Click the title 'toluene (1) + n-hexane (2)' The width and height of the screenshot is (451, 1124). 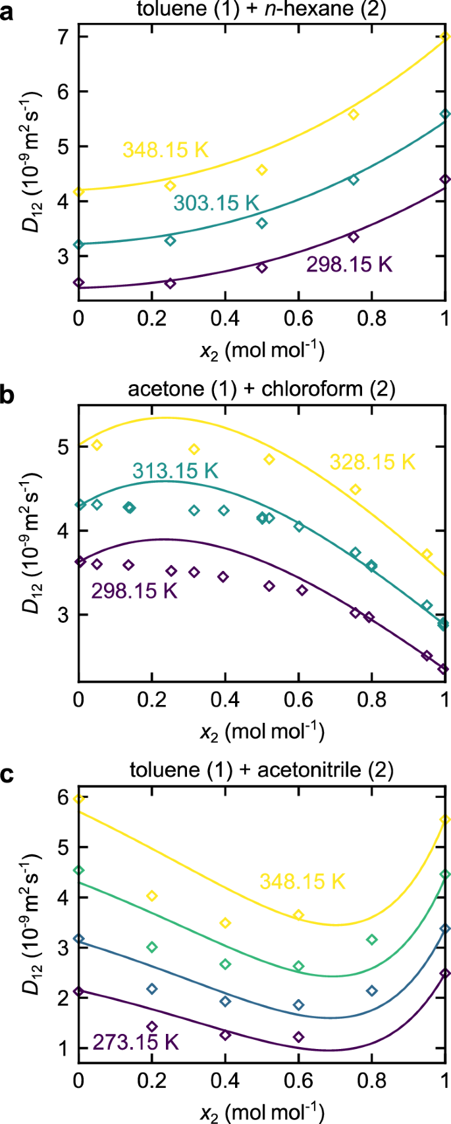[x=261, y=9]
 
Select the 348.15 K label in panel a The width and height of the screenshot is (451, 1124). [x=165, y=150]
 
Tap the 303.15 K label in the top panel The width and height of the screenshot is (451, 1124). [x=216, y=203]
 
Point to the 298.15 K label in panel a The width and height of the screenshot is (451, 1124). [x=349, y=264]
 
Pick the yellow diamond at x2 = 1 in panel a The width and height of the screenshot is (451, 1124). [x=445, y=37]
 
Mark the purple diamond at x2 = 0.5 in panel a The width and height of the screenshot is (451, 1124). [x=261, y=268]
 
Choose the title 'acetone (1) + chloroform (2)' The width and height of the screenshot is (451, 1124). [x=261, y=389]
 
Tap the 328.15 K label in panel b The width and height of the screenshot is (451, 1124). [x=373, y=462]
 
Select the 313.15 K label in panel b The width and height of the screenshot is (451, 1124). [x=175, y=471]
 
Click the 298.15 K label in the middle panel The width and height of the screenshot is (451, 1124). [x=134, y=591]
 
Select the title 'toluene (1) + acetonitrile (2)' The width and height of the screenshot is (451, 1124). [x=261, y=770]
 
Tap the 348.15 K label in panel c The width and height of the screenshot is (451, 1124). [x=302, y=881]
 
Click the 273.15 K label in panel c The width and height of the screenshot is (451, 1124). [x=136, y=1042]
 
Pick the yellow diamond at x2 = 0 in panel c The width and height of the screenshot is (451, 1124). [x=79, y=798]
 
